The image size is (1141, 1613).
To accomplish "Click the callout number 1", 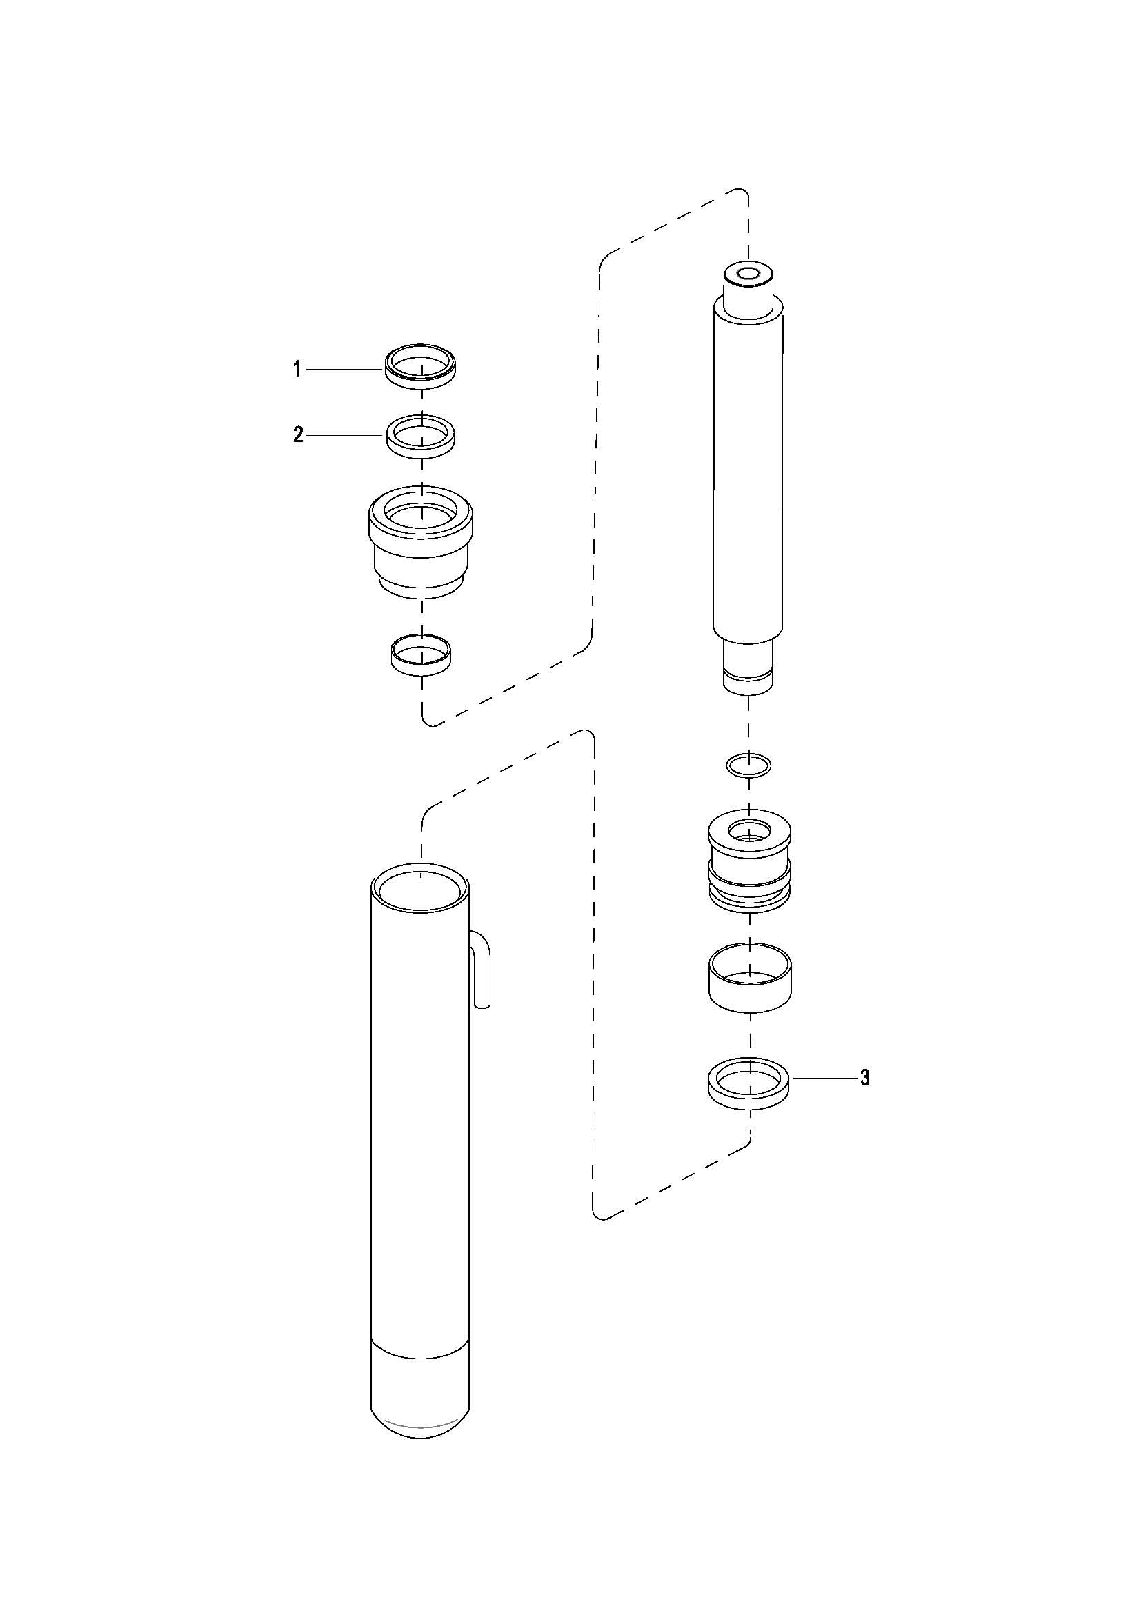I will click(297, 369).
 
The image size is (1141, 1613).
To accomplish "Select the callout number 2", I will click(298, 435).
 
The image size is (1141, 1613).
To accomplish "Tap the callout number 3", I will click(865, 1077).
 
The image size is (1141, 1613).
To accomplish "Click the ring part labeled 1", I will click(420, 378).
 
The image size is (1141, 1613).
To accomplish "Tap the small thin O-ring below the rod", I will click(749, 763).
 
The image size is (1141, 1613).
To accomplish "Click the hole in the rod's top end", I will click(749, 274).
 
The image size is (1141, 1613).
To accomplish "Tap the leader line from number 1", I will click(344, 369).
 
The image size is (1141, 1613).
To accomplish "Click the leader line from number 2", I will click(344, 436).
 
